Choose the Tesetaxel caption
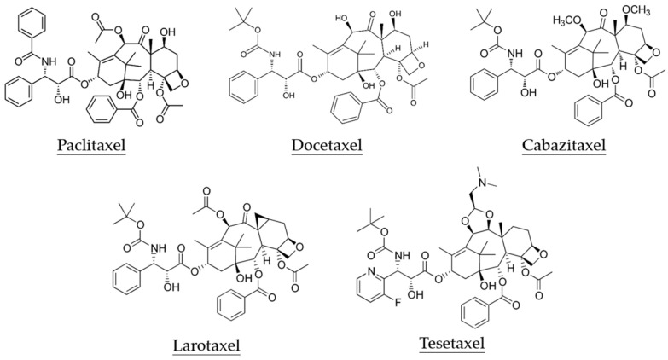point(452,344)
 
